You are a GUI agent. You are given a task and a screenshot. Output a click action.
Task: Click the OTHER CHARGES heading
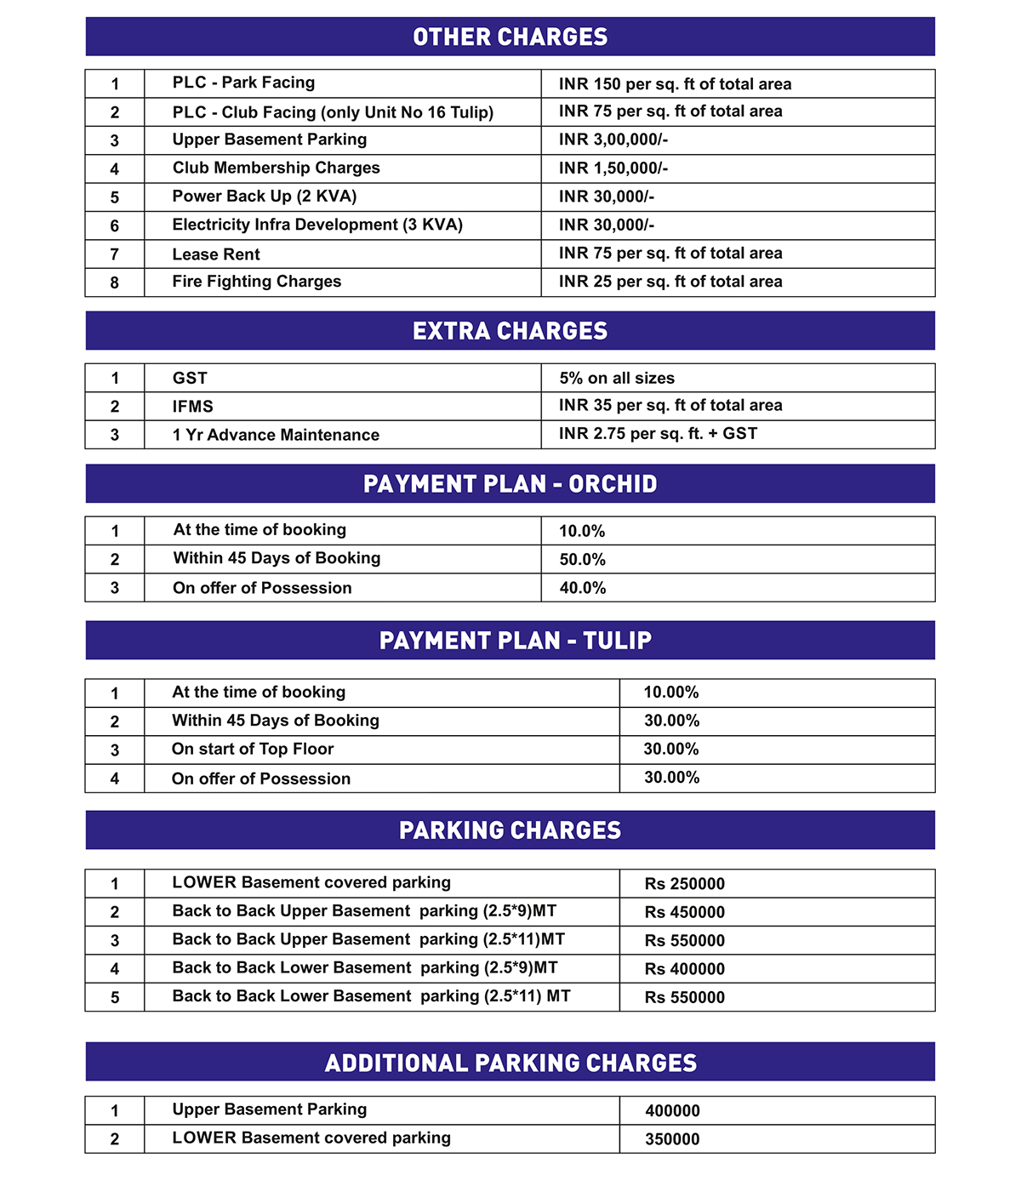pos(510,37)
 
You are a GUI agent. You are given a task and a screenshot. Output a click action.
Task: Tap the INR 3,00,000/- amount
pos(613,140)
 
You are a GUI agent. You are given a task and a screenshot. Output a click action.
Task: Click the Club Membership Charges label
pos(276,168)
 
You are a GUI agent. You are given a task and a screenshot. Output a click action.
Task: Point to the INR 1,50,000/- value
pos(613,168)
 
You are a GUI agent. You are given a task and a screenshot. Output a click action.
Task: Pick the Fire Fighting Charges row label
pos(256,282)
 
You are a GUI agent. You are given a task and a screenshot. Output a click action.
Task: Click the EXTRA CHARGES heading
pos(510,331)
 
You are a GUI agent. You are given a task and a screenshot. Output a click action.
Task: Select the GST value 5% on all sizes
pos(617,379)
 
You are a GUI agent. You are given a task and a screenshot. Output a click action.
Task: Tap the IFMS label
pos(192,407)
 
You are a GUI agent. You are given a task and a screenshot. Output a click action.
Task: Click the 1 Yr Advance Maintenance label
pos(276,435)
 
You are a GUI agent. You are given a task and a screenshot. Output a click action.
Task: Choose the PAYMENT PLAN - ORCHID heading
pos(510,484)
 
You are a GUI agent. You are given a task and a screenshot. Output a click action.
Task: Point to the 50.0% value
pos(582,560)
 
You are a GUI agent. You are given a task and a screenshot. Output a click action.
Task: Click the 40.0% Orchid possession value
pos(582,588)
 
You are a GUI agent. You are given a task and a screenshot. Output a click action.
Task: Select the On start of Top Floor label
pos(253,750)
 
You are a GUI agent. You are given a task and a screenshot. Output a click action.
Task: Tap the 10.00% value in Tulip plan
pos(671,693)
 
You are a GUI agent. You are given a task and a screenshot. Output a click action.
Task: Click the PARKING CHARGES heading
pos(510,830)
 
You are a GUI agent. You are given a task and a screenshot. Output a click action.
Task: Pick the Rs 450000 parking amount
pos(685,912)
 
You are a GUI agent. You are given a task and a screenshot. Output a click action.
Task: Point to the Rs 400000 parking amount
pos(685,969)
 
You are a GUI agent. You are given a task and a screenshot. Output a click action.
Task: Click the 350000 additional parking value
pos(672,1139)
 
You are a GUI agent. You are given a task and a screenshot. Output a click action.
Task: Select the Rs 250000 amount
pos(685,884)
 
